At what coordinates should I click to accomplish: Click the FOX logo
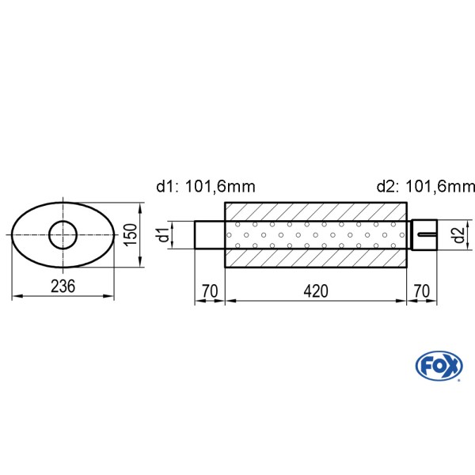pyautogui.click(x=439, y=366)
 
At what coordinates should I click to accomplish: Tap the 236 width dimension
pyautogui.click(x=63, y=287)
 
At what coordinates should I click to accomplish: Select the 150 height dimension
pyautogui.click(x=131, y=235)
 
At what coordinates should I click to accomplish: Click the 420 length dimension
pyautogui.click(x=316, y=291)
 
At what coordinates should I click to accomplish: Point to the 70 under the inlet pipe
pyautogui.click(x=210, y=291)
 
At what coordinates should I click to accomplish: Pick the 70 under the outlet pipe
pyautogui.click(x=421, y=291)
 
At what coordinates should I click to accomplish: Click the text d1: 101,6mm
pyautogui.click(x=206, y=186)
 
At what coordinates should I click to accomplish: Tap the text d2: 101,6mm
pyautogui.click(x=426, y=186)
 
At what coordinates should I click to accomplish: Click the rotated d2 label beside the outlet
pyautogui.click(x=459, y=235)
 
